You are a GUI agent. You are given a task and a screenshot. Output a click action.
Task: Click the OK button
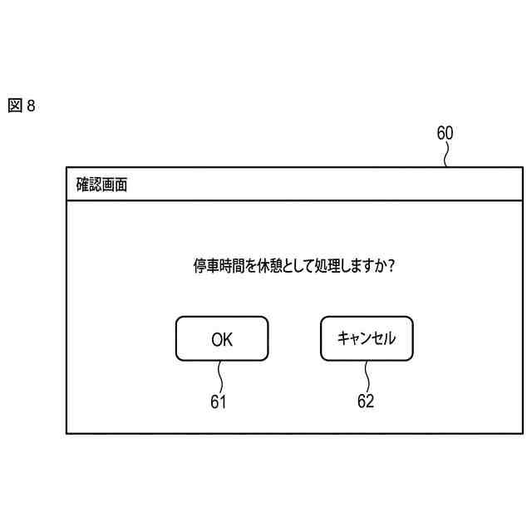coord(222,338)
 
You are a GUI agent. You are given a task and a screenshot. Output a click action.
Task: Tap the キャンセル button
coord(366,338)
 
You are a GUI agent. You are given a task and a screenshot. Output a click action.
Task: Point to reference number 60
coord(446,133)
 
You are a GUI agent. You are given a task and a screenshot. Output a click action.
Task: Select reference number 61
coord(219,402)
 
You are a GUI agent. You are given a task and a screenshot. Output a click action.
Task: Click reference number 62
coord(366,402)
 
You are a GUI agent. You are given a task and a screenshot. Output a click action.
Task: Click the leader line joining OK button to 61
coord(219,377)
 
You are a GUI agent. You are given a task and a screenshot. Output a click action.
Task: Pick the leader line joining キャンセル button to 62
coord(366,377)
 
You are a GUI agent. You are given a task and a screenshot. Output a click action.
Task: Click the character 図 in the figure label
coord(15,107)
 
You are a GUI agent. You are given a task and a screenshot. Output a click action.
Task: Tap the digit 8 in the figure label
coord(31,107)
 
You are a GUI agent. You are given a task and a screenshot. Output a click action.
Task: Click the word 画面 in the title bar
coord(115,185)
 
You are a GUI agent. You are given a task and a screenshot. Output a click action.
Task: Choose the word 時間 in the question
coord(233,266)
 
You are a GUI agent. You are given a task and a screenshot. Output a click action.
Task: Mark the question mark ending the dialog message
coord(390,266)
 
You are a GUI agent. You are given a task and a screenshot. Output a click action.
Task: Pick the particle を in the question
coord(252,266)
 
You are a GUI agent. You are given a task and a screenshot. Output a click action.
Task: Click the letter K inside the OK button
coord(228,338)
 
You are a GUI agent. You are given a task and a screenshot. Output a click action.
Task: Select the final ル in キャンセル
coord(390,338)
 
